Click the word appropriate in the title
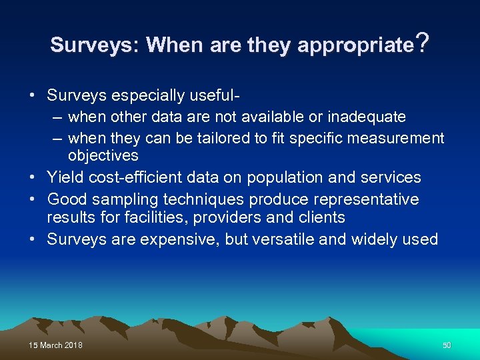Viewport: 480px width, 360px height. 355,45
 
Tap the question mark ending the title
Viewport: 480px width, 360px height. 421,44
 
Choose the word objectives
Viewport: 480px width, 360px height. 103,156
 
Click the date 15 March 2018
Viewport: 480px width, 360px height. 56,345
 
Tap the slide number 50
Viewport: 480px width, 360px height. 447,345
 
